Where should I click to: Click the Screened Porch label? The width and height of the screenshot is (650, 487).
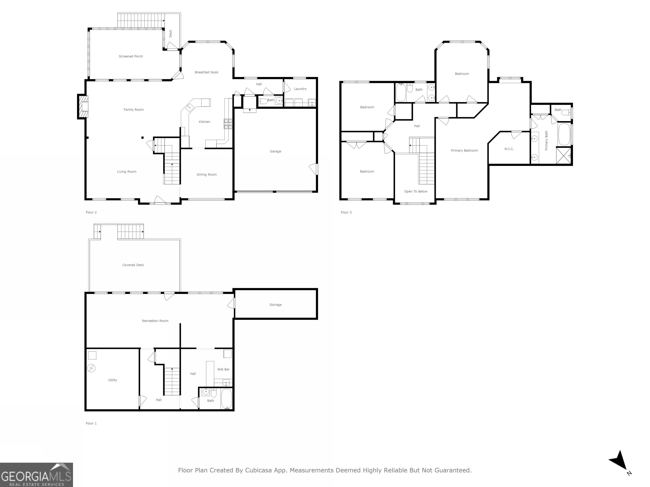pyautogui.click(x=131, y=56)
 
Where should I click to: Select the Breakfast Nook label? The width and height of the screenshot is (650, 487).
pyautogui.click(x=207, y=72)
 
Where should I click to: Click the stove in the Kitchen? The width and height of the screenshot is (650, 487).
pyautogui.click(x=228, y=124)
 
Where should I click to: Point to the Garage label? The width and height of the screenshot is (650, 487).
pyautogui.click(x=276, y=152)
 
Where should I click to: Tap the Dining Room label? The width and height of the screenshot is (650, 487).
pyautogui.click(x=207, y=175)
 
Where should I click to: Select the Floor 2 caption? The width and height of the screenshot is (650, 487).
pyautogui.click(x=91, y=212)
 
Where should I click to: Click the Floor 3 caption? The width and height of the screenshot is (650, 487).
pyautogui.click(x=346, y=212)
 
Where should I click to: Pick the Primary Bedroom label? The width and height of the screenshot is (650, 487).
pyautogui.click(x=465, y=150)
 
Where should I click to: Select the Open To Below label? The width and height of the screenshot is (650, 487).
pyautogui.click(x=416, y=191)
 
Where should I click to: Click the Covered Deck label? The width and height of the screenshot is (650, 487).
pyautogui.click(x=133, y=265)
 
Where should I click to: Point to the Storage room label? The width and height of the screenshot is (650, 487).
pyautogui.click(x=276, y=305)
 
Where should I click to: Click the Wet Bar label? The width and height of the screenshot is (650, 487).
pyautogui.click(x=223, y=369)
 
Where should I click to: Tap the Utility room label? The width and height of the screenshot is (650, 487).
pyautogui.click(x=113, y=380)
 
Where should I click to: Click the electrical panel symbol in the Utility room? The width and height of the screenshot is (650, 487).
pyautogui.click(x=91, y=368)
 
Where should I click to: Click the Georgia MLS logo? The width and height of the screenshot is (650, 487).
pyautogui.click(x=36, y=475)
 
